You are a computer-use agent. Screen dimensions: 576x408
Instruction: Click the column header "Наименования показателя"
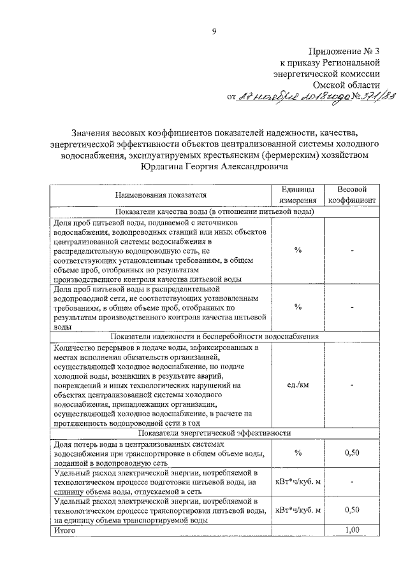[161, 195]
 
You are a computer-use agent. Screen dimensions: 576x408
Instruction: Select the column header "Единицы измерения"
[297, 195]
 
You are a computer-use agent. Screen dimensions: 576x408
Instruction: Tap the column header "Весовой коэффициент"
[352, 195]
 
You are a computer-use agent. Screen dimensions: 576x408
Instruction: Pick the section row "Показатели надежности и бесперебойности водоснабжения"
[214, 336]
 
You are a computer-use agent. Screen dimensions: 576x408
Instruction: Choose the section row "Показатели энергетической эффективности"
[214, 433]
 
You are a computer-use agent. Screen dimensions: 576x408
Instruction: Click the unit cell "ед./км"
[297, 384]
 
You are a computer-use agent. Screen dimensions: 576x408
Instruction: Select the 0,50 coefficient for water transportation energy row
[352, 510]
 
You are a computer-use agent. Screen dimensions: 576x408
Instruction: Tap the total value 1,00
[352, 530]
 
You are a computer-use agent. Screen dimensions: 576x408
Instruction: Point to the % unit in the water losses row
[297, 453]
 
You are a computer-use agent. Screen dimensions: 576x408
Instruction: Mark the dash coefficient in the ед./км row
[352, 384]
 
